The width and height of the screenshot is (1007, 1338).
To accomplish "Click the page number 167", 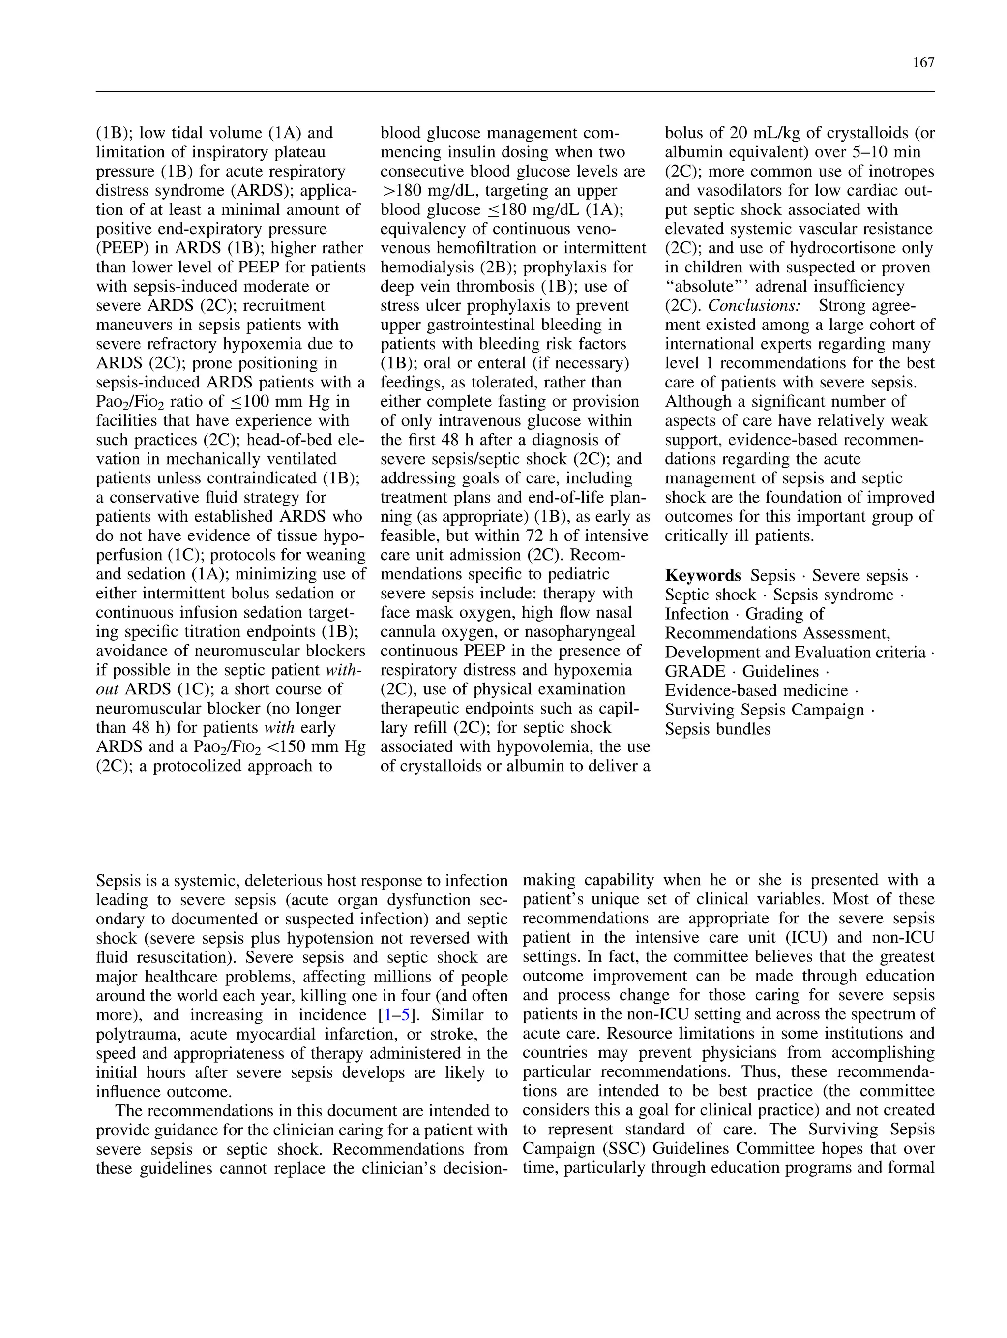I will click(x=923, y=63).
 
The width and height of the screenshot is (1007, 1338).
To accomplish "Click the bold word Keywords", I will click(x=703, y=576).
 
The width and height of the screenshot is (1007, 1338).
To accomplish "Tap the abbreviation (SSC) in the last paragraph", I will click(x=621, y=1149).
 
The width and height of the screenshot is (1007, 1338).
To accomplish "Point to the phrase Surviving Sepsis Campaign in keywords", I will click(x=765, y=710).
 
